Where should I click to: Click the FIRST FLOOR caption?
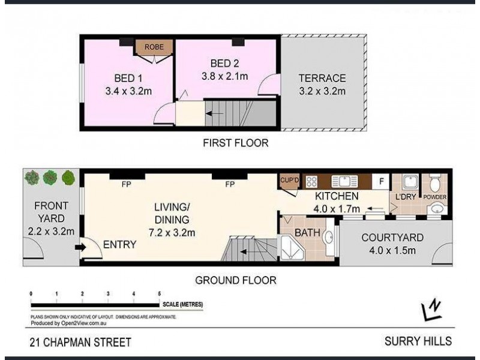coord(235,143)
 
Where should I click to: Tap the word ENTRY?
coord(119,245)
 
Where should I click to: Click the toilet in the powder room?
coord(436,181)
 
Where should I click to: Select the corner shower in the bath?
coord(292,250)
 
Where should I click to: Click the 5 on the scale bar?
coord(159,294)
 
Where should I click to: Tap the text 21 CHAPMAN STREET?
coord(80,343)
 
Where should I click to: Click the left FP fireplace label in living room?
coord(127,184)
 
